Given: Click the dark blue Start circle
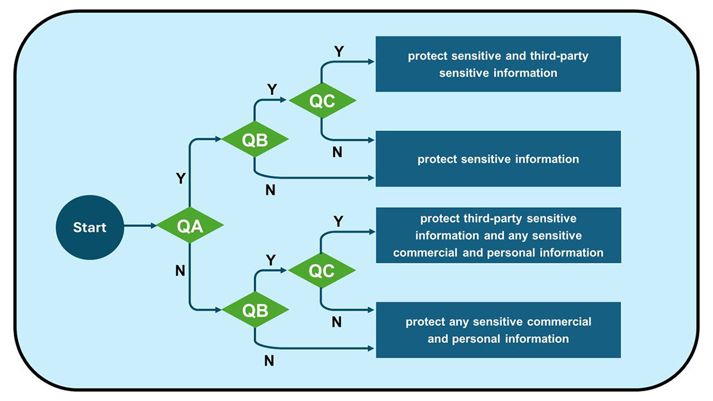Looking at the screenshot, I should coord(90,227).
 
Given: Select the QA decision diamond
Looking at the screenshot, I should coord(189,226).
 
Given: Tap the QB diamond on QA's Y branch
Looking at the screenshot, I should coord(255,140).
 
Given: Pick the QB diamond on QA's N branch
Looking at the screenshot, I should coord(255,310).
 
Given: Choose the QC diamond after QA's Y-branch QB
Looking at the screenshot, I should coord(322,100).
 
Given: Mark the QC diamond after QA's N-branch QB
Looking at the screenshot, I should coord(321,271).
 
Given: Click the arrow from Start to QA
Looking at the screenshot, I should coord(140,226).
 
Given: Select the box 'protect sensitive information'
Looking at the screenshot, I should coord(498,159).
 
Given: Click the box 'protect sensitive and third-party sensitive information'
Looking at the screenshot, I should coord(498,64).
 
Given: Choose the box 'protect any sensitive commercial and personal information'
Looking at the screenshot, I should coord(498,330).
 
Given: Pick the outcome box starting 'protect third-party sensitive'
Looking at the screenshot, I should coord(498,235).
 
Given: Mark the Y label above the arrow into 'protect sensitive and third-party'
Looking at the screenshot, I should coord(338,51).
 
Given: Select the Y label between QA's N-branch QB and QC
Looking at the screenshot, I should coord(271,260).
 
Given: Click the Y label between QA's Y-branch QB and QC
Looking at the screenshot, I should coord(272,89).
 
